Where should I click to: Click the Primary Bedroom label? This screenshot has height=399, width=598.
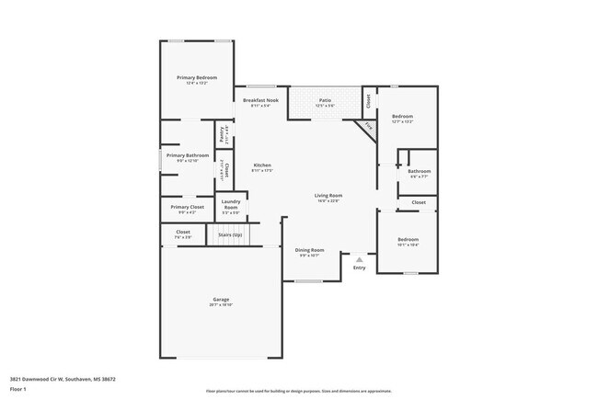[197, 77]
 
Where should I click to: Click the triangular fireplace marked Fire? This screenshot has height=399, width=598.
[368, 127]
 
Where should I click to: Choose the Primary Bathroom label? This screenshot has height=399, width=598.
[187, 155]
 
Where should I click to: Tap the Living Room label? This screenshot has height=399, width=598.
[328, 195]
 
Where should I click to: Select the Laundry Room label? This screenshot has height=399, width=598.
[231, 204]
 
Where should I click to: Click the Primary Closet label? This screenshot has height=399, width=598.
[187, 207]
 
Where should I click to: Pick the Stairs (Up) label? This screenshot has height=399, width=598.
[230, 235]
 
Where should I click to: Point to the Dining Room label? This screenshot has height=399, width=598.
[309, 249]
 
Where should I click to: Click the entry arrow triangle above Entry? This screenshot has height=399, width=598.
[359, 259]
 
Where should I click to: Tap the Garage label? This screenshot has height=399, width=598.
[221, 299]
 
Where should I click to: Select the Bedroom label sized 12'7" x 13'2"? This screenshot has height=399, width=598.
[402, 116]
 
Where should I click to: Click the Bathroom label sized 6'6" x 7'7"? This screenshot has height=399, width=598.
[420, 171]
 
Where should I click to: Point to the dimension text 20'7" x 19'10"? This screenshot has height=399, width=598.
[221, 305]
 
